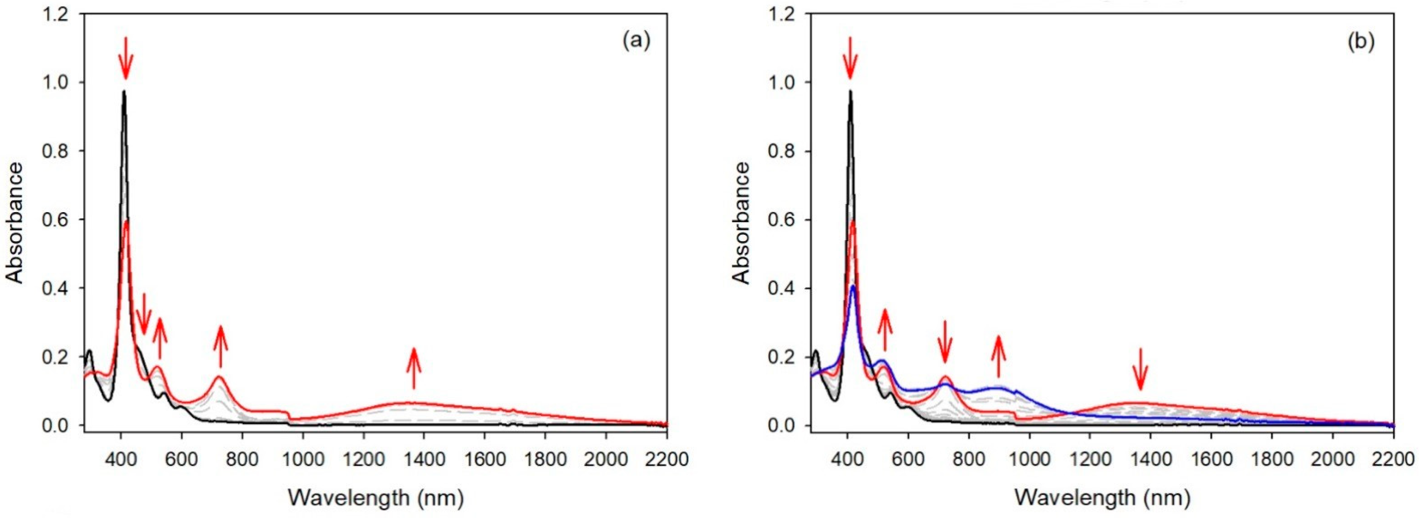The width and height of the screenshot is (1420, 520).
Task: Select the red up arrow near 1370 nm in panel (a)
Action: click(414, 368)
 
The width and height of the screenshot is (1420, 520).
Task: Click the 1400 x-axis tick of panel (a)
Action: click(424, 459)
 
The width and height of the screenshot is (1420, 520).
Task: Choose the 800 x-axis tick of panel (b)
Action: click(969, 459)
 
